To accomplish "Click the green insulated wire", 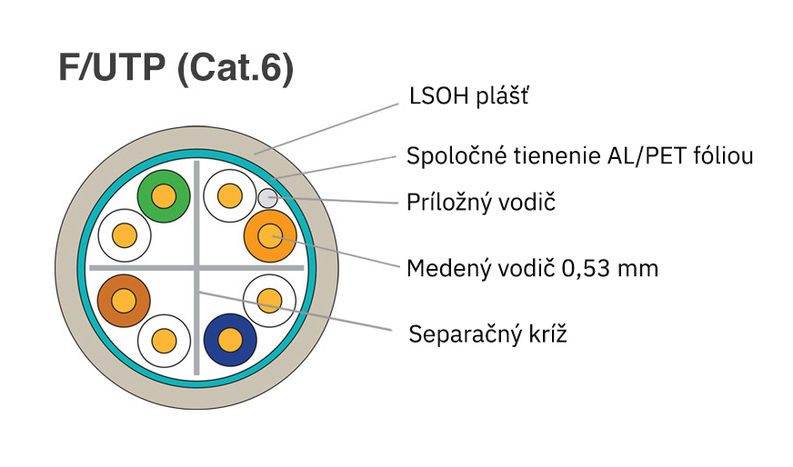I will tap(164, 195).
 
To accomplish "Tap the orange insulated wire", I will tap(270, 236).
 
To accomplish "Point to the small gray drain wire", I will tap(266, 197).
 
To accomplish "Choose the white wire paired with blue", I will tap(270, 301).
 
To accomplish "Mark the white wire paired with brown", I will tap(164, 341).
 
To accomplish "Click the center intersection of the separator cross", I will tap(196, 268).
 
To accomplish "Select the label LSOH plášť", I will tap(466, 97).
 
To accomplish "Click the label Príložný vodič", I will tap(480, 202).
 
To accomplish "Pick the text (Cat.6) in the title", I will tap(236, 70).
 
